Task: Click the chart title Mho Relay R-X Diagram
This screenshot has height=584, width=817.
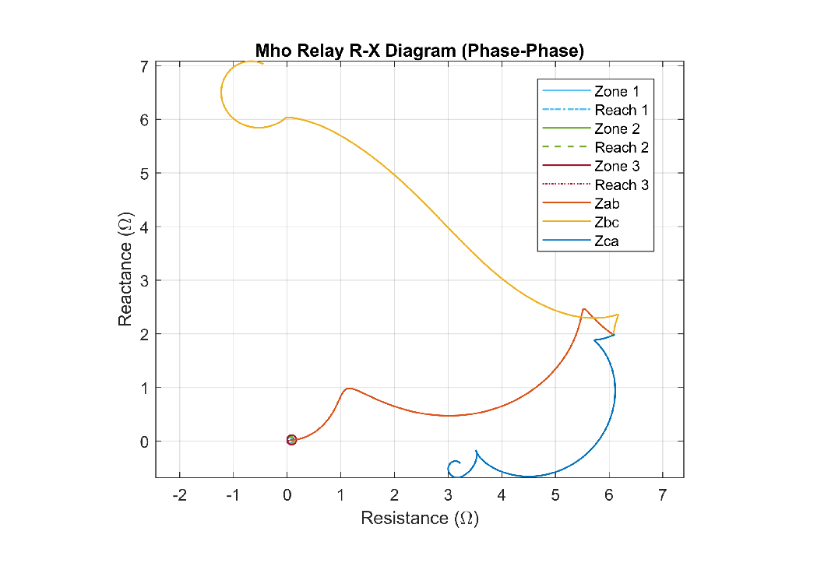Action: [x=419, y=51]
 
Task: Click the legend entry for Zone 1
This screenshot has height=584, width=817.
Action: [x=611, y=92]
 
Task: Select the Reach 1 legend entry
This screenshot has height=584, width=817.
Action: [x=621, y=111]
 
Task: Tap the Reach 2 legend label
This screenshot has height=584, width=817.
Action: [x=621, y=148]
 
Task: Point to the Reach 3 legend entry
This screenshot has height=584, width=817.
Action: [x=621, y=185]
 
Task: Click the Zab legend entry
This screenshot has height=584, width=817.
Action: [x=607, y=204]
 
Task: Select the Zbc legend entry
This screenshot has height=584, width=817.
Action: [x=607, y=223]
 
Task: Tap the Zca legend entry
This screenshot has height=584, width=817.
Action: [x=607, y=241]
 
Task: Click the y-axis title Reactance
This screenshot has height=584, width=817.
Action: [x=125, y=270]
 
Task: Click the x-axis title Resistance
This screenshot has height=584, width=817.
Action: [x=419, y=519]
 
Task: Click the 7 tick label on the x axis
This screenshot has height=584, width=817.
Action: [x=663, y=494]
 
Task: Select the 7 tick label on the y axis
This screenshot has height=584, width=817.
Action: [x=143, y=67]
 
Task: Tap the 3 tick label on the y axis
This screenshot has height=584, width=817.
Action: [x=143, y=280]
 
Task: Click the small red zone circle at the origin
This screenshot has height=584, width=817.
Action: [x=291, y=440]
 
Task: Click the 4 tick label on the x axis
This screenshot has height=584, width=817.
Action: [x=502, y=494]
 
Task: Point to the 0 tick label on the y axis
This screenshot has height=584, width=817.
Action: [x=143, y=442]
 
